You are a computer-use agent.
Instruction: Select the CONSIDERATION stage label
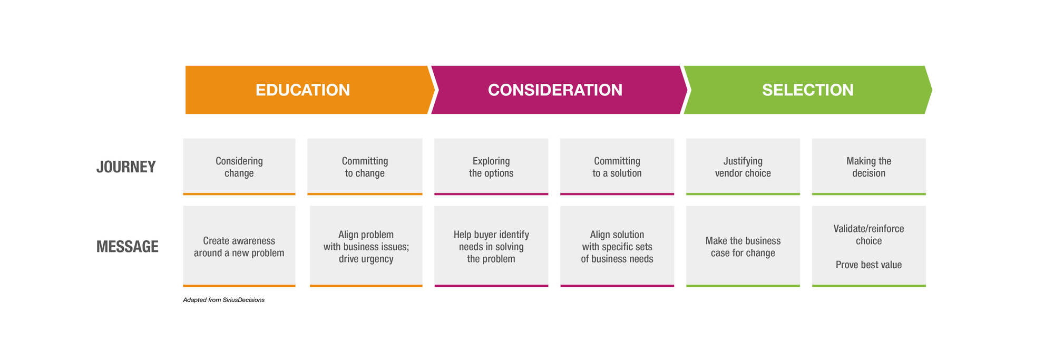555,90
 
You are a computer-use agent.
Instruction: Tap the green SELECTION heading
807,90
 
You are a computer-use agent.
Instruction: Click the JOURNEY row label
126,167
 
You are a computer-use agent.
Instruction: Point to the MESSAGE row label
127,247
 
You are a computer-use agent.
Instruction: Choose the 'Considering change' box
239,167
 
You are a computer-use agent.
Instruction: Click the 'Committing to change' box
365,167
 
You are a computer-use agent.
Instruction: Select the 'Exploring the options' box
491,167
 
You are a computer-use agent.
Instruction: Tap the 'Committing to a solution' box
617,167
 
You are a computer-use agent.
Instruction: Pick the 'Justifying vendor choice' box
743,167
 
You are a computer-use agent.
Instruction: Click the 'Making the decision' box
869,167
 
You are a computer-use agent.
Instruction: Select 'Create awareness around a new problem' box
239,246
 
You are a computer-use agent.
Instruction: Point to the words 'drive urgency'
366,259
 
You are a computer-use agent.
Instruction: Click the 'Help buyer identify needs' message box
491,246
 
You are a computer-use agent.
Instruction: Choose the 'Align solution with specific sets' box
617,246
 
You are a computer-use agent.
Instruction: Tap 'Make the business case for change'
743,247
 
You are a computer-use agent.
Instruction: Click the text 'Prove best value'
868,265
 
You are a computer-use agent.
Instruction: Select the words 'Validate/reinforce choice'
868,235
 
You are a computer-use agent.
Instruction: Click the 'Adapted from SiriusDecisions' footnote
223,300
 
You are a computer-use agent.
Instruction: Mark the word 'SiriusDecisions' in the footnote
243,300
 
